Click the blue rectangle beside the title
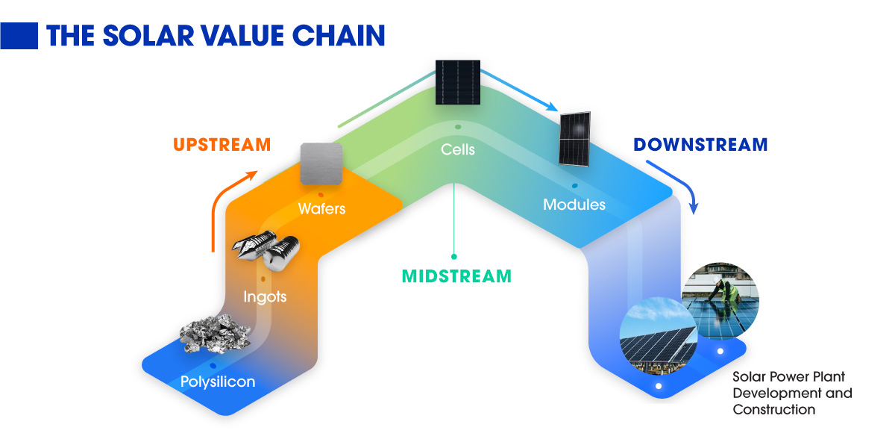coord(19,34)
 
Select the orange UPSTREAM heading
coord(222,145)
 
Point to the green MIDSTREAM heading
coord(457,276)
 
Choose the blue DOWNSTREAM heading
coord(700,145)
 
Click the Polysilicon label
coord(218,382)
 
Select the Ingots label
coord(265,297)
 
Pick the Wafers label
coord(321,208)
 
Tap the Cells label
coord(458,149)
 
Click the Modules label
coord(574,204)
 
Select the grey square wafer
coord(321,164)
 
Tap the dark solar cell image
coord(457,81)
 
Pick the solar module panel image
coord(575,139)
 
